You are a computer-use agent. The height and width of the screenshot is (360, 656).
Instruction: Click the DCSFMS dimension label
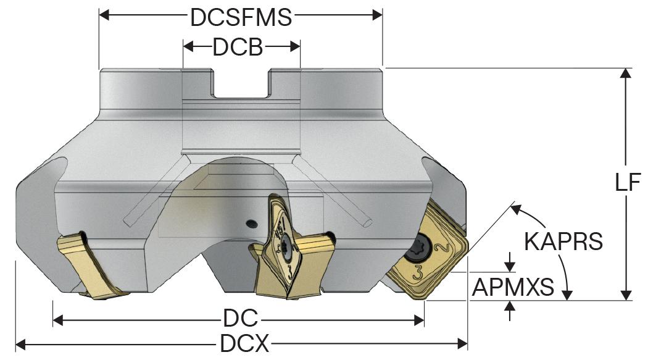click(241, 17)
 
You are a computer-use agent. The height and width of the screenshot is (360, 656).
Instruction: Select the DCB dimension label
click(238, 48)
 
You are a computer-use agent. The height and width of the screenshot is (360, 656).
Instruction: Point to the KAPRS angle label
click(563, 241)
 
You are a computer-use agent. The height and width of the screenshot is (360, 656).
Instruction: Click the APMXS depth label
click(512, 286)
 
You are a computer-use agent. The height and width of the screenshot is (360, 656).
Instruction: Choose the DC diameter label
click(240, 320)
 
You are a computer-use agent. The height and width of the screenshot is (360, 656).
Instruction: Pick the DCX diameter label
click(244, 343)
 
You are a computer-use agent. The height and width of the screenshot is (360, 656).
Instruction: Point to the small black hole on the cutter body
click(250, 222)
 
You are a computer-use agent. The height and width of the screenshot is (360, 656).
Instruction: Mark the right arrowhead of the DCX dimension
click(463, 343)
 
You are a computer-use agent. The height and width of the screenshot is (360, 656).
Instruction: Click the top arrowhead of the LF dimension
click(626, 72)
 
